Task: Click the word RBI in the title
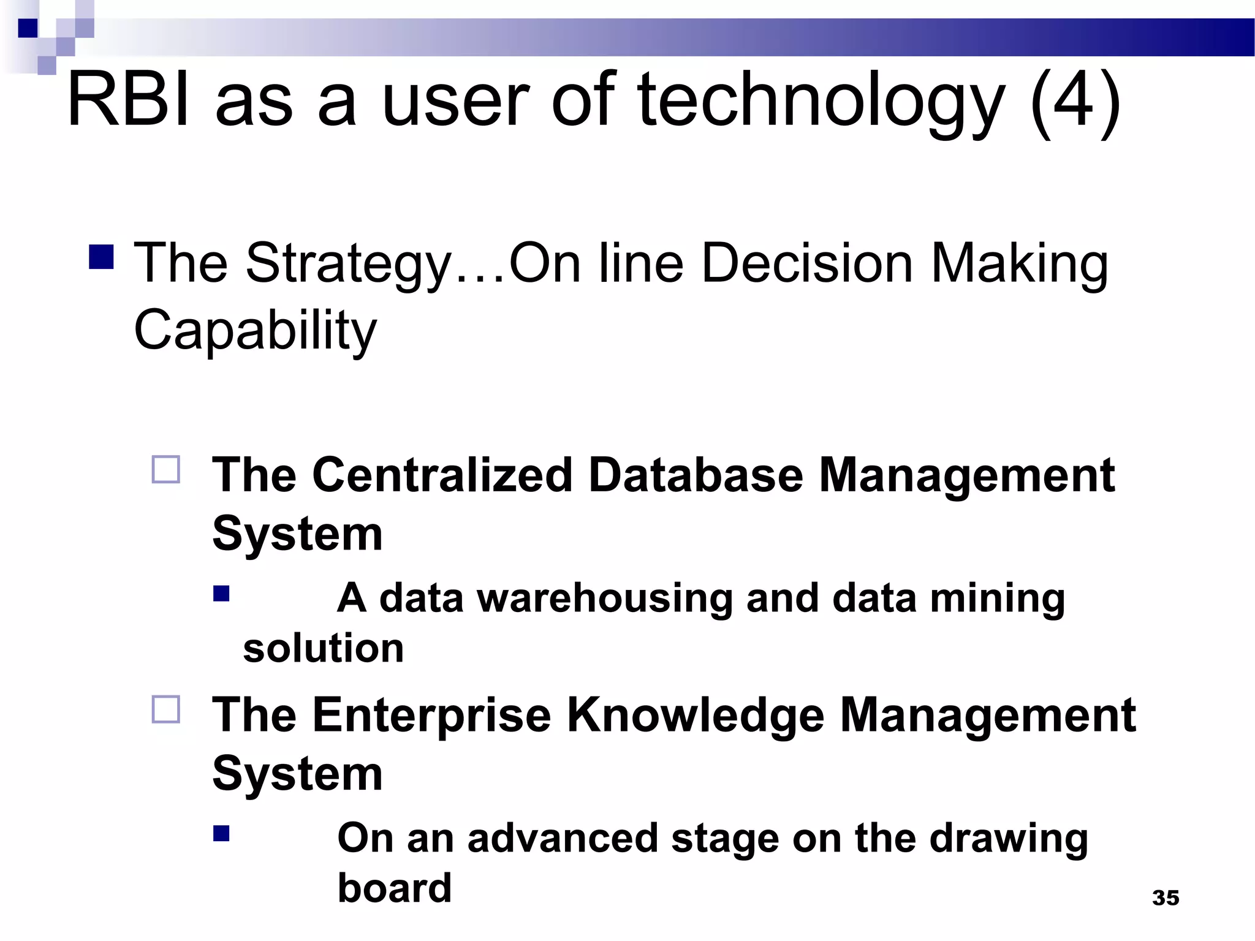click(x=129, y=99)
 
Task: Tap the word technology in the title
click(x=821, y=101)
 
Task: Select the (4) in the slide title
click(x=1075, y=101)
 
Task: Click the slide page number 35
click(x=1166, y=898)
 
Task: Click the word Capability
click(x=255, y=331)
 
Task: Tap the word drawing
click(x=1008, y=839)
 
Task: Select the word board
click(x=395, y=888)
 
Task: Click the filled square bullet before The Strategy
click(x=101, y=257)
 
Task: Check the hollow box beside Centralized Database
click(x=166, y=470)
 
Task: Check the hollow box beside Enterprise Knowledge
click(x=166, y=709)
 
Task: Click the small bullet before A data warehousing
click(x=221, y=594)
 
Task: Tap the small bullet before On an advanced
click(x=221, y=834)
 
